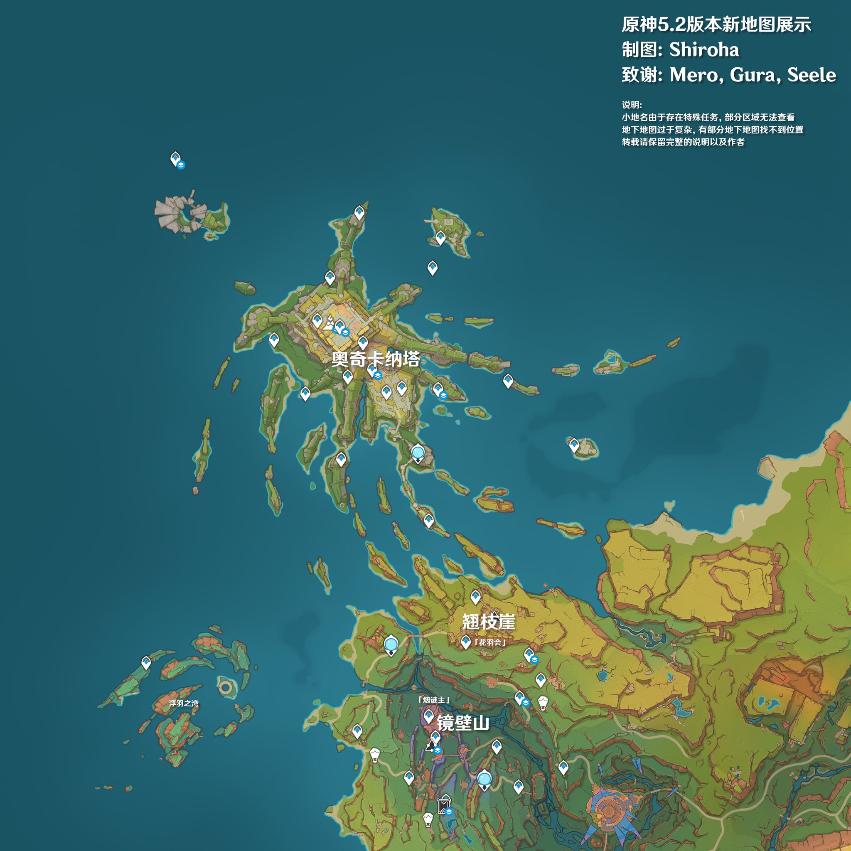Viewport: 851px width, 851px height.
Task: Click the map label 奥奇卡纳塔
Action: [x=375, y=359]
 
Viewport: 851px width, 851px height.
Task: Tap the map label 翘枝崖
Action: [x=489, y=622]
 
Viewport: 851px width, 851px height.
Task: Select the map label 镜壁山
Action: [x=463, y=723]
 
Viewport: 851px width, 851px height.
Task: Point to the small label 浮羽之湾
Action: [x=183, y=703]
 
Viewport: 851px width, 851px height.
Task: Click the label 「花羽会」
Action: [x=490, y=642]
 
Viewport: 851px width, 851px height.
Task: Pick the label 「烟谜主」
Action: [x=434, y=700]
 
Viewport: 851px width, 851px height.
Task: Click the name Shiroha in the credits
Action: [x=704, y=49]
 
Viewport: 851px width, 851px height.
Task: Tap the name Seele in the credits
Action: [x=812, y=75]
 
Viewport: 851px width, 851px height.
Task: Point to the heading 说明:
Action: [x=632, y=105]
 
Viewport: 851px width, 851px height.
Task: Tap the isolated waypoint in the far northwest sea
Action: [x=175, y=159]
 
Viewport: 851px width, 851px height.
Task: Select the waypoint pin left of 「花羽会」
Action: [x=465, y=642]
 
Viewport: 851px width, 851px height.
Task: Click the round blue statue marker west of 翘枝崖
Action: [x=391, y=645]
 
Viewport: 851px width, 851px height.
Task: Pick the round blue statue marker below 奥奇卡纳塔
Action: [x=418, y=453]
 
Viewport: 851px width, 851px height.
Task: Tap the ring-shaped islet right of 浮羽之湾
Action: [x=226, y=687]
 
